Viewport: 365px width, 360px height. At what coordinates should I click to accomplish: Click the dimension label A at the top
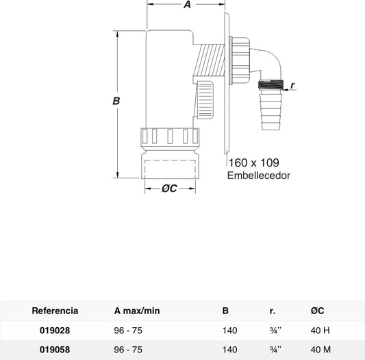pyautogui.click(x=187, y=4)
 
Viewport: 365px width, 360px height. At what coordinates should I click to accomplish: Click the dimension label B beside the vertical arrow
pyautogui.click(x=116, y=101)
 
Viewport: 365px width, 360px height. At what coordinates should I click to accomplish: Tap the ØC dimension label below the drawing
pyautogui.click(x=169, y=189)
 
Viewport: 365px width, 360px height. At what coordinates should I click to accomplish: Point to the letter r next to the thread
pyautogui.click(x=293, y=85)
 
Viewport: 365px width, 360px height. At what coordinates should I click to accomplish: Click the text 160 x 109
pyautogui.click(x=254, y=163)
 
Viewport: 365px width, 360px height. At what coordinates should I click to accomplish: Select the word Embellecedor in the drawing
pyautogui.click(x=259, y=176)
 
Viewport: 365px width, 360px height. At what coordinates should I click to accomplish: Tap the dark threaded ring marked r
pyautogui.click(x=270, y=84)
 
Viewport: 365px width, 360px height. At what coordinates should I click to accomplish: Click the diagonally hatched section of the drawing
pyautogui.click(x=209, y=60)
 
